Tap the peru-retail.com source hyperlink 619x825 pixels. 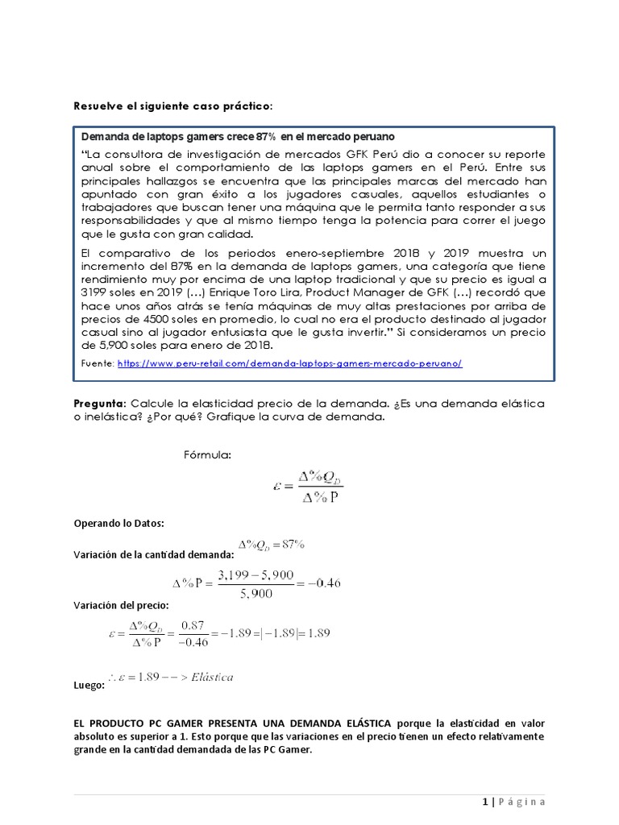[x=289, y=363]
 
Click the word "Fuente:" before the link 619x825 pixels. [x=98, y=363]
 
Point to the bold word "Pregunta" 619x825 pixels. [x=99, y=402]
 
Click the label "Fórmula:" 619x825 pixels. [x=207, y=456]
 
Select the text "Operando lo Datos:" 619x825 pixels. [x=118, y=524]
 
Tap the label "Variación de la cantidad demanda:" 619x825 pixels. [x=153, y=554]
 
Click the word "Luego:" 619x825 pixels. [x=89, y=686]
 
